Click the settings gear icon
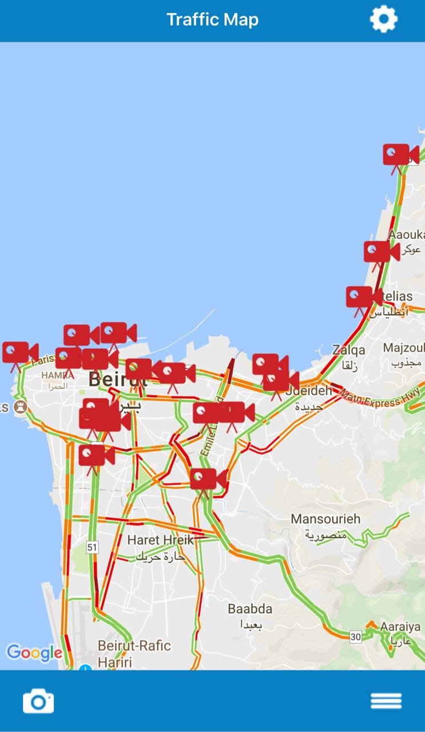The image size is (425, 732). coord(383,19)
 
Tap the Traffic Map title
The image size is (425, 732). coord(212,19)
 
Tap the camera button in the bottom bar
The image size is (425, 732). coord(38,701)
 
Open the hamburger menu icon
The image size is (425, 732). coord(386,701)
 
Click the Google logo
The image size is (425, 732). coord(34,653)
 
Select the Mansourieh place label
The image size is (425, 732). coord(325,519)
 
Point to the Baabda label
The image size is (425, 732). coord(250,608)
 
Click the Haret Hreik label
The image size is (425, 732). coord(160,540)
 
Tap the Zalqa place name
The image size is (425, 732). coord(348,349)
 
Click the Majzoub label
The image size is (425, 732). coord(404,348)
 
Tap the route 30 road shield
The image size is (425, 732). coord(356,636)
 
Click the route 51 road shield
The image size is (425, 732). coord(92,547)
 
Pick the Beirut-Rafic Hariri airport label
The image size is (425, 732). coord(134,646)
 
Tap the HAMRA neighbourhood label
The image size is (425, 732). coord(58,375)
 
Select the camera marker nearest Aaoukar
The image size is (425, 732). coord(381,252)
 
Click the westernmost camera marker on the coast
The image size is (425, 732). coord(19,353)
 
